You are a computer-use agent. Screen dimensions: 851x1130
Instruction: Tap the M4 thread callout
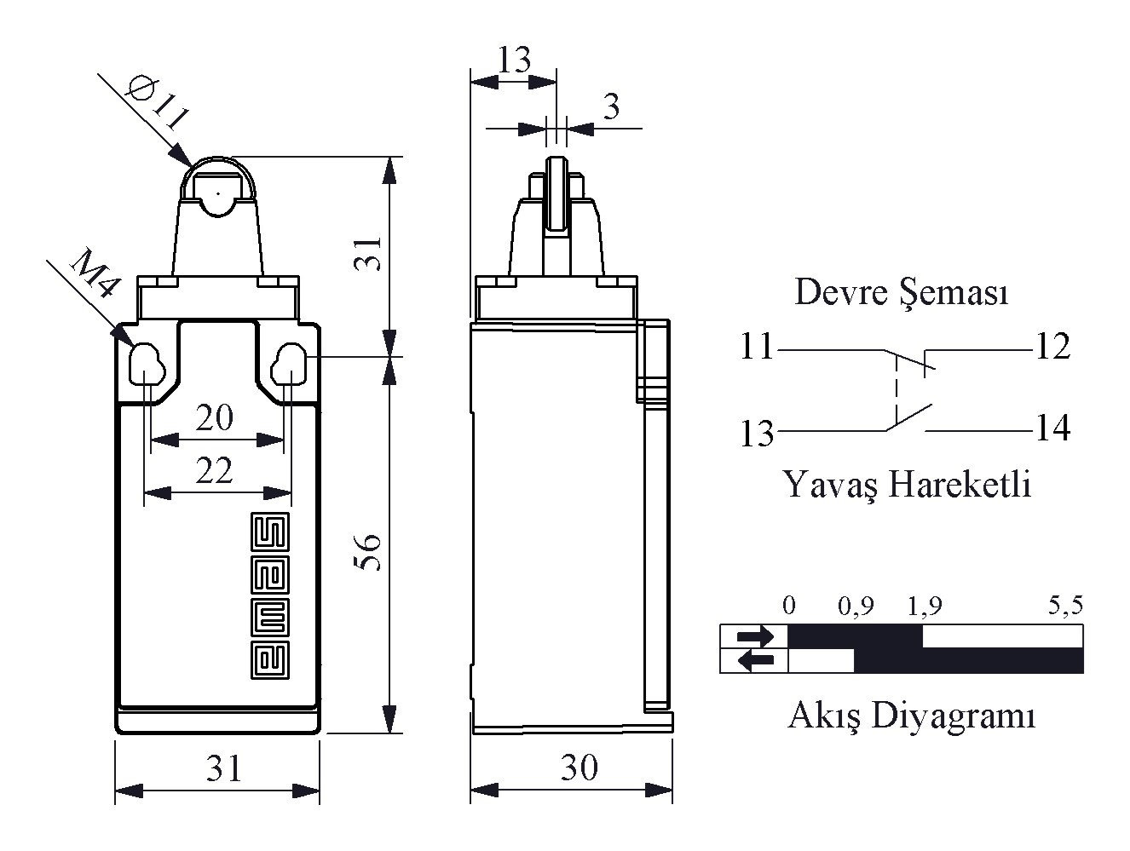tap(92, 273)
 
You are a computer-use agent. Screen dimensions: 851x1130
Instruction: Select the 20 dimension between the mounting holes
tap(214, 417)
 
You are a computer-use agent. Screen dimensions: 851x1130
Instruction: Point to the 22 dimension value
tap(214, 470)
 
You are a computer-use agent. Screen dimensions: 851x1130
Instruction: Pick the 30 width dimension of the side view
tap(579, 768)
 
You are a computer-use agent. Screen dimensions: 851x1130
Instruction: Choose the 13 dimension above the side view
tap(514, 60)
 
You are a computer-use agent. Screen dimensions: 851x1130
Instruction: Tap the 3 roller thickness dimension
tap(611, 107)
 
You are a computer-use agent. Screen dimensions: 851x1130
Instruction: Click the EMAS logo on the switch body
tap(270, 596)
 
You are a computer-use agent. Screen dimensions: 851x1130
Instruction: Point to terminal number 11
tap(756, 348)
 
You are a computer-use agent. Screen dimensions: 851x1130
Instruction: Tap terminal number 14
tap(1052, 428)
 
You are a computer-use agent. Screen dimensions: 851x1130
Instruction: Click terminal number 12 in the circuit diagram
tap(1052, 348)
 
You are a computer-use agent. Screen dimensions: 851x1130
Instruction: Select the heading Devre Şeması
tap(902, 292)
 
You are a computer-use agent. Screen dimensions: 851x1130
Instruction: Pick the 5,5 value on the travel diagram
tap(1064, 606)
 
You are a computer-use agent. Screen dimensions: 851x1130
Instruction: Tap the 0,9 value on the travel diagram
tap(856, 607)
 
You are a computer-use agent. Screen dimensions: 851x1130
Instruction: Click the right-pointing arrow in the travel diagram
tap(755, 635)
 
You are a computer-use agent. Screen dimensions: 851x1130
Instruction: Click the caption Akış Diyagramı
tap(911, 716)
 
